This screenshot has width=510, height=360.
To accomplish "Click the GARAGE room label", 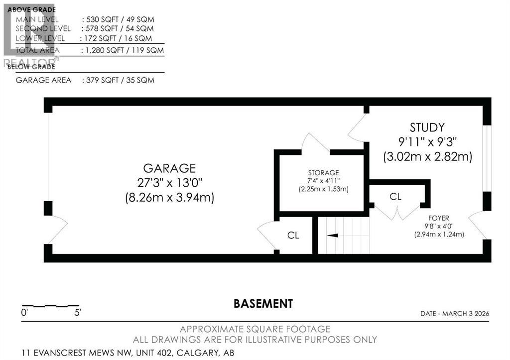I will [169, 168].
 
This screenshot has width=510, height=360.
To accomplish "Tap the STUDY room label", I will [427, 127].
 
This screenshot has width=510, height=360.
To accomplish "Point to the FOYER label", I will [439, 218].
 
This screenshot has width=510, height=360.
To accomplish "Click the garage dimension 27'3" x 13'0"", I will [169, 183].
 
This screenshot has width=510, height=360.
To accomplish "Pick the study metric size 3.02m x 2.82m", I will [427, 157].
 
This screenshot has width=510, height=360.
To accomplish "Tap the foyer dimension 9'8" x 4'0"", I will [439, 226].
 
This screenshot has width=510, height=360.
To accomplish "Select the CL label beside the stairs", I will [293, 236].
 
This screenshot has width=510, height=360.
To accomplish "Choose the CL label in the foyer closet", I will [395, 197].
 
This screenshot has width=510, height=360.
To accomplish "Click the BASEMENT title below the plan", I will [263, 303].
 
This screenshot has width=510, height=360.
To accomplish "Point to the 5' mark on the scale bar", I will [77, 313].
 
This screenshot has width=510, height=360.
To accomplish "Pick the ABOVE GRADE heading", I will [31, 9].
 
